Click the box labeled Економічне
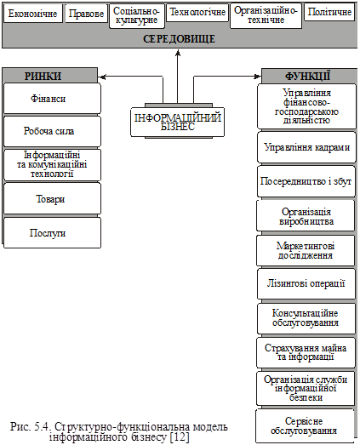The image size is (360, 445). (33, 14)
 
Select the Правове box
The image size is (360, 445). (86, 14)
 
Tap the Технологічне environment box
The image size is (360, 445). (197, 13)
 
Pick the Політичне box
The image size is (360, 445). (329, 12)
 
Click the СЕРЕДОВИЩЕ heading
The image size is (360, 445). (179, 39)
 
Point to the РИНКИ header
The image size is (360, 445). (43, 76)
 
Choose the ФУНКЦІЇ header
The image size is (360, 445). (308, 76)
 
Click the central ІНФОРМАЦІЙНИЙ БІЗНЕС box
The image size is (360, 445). (177, 122)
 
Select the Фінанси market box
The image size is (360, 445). (52, 98)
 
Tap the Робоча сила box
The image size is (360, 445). (52, 131)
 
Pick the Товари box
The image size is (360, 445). (52, 198)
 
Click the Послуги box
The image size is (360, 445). (52, 233)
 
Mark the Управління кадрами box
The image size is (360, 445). (306, 147)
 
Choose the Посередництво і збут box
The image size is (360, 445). (306, 181)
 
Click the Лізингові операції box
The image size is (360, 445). (306, 283)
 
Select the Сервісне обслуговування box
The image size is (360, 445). (305, 425)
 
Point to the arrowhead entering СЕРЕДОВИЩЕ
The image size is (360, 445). (178, 53)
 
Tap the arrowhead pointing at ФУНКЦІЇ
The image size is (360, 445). (257, 77)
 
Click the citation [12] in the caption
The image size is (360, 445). (180, 436)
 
